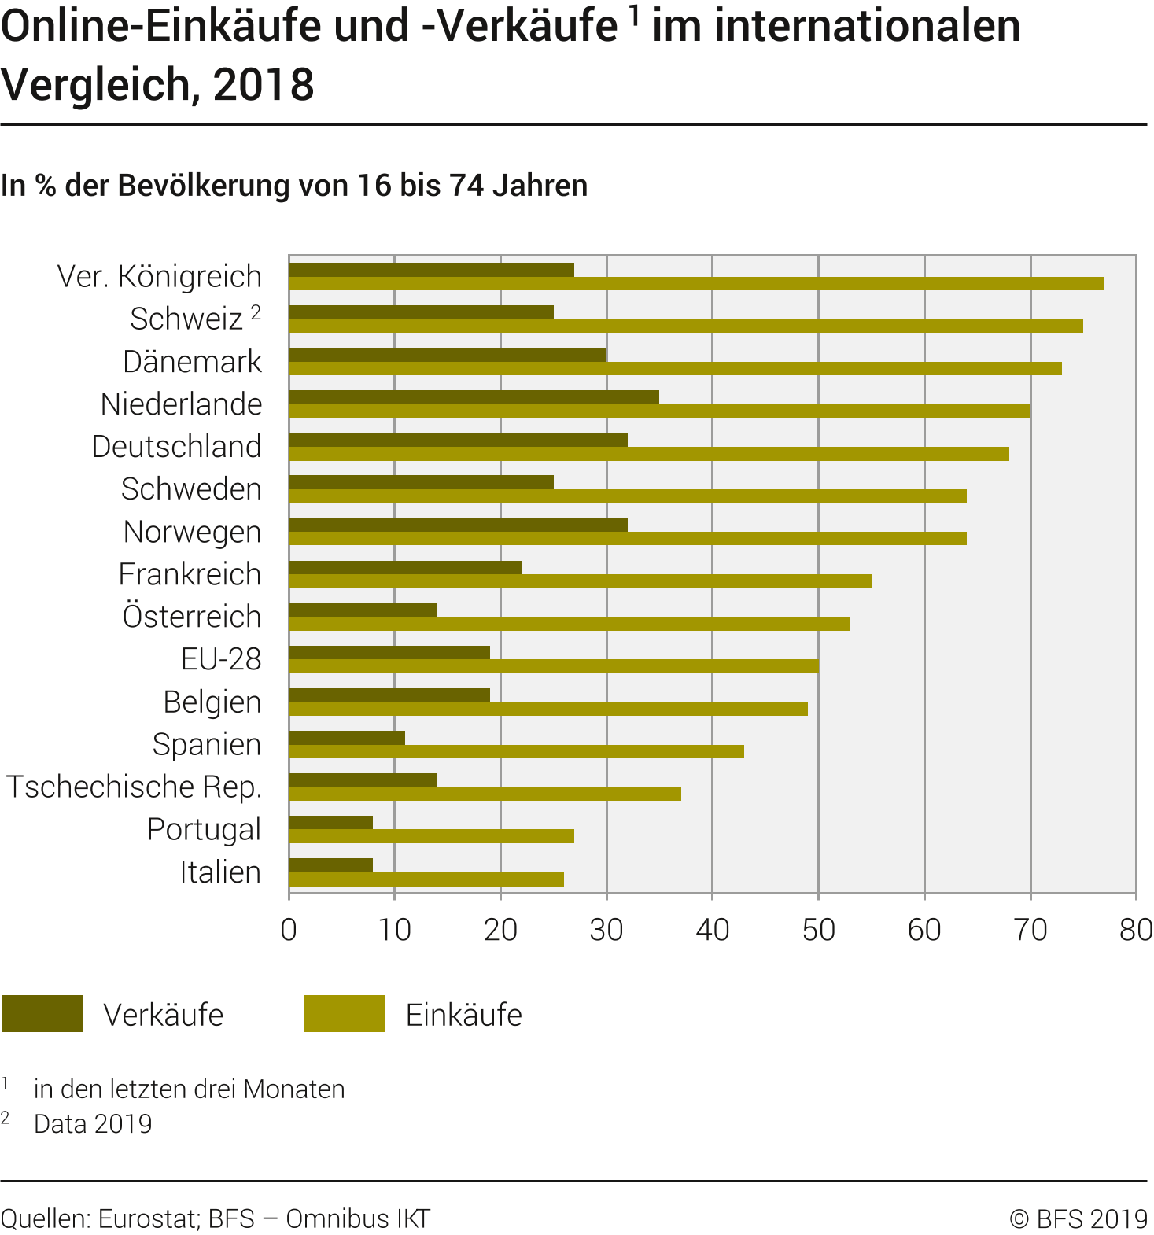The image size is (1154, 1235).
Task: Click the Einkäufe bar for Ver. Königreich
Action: (x=696, y=284)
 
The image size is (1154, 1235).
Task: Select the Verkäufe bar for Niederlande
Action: (x=474, y=397)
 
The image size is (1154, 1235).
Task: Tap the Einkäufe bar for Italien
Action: (x=426, y=879)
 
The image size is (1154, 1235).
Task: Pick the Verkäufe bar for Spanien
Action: (x=347, y=738)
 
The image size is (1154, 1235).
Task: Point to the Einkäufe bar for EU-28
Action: (x=554, y=666)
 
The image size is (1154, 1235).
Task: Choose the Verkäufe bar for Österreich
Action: (x=363, y=610)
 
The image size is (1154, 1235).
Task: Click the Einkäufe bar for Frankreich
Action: (x=580, y=581)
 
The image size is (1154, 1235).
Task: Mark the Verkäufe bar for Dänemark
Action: (x=448, y=355)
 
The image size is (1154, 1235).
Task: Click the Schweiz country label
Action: (x=186, y=319)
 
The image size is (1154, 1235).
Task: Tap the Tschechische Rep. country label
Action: (x=134, y=787)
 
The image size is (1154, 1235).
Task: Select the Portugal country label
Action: (x=204, y=829)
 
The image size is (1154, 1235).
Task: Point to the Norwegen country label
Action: (x=192, y=533)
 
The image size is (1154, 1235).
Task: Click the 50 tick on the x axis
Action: (x=818, y=930)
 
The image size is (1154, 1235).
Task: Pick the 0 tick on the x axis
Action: (x=289, y=930)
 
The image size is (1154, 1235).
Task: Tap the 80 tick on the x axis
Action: (x=1136, y=930)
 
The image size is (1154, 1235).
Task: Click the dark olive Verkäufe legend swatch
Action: (x=42, y=1013)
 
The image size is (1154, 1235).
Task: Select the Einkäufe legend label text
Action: (x=463, y=1015)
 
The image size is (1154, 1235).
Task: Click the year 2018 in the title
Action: (x=264, y=85)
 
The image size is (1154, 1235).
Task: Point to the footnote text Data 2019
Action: (x=93, y=1124)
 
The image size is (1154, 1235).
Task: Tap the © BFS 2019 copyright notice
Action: (x=1078, y=1218)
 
